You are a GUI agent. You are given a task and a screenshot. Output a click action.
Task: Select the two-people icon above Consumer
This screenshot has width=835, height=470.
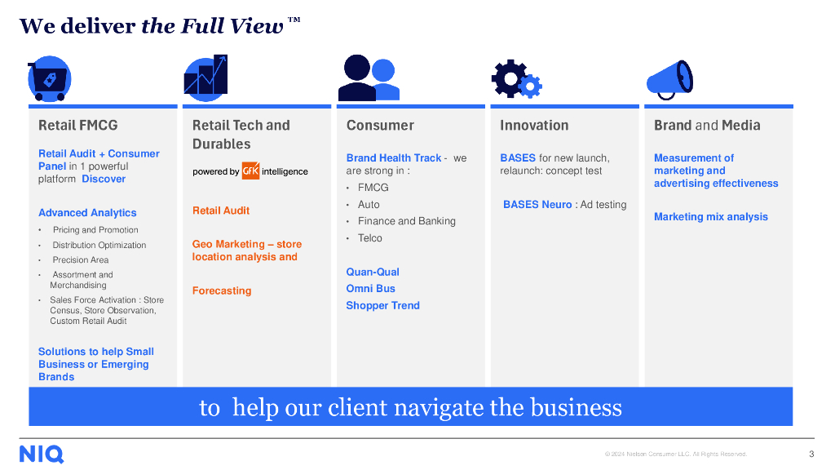[x=369, y=78]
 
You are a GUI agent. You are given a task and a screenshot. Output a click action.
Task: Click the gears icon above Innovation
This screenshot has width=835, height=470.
[x=516, y=80]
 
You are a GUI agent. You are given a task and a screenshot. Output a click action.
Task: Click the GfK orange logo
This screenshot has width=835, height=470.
[x=250, y=171]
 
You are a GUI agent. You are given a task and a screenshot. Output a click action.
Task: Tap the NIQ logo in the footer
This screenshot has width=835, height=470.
[x=42, y=454]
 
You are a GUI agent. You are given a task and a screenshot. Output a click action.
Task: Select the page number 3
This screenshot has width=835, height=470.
[x=811, y=454]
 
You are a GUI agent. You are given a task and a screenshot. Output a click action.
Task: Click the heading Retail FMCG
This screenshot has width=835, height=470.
[x=78, y=126]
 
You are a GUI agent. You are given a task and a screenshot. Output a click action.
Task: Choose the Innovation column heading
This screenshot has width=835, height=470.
[x=534, y=126]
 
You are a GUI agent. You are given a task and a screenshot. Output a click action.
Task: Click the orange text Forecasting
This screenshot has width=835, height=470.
[x=222, y=290]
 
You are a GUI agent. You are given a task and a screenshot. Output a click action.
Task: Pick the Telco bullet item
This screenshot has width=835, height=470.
[x=369, y=238]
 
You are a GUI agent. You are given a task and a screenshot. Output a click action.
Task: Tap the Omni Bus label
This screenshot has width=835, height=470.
[x=370, y=289]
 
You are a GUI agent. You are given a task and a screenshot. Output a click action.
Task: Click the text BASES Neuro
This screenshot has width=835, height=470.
[x=537, y=205]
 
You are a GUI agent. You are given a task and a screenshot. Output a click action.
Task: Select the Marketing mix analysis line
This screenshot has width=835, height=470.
[x=711, y=217]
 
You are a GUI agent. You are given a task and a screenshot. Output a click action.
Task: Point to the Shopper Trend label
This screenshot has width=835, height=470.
[x=382, y=306]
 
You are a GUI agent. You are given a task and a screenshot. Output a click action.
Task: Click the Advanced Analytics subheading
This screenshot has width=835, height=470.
[x=87, y=213]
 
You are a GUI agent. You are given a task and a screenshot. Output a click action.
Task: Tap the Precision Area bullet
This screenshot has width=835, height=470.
[x=81, y=260]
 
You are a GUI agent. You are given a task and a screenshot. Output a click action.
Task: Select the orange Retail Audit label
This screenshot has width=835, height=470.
[x=221, y=211]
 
